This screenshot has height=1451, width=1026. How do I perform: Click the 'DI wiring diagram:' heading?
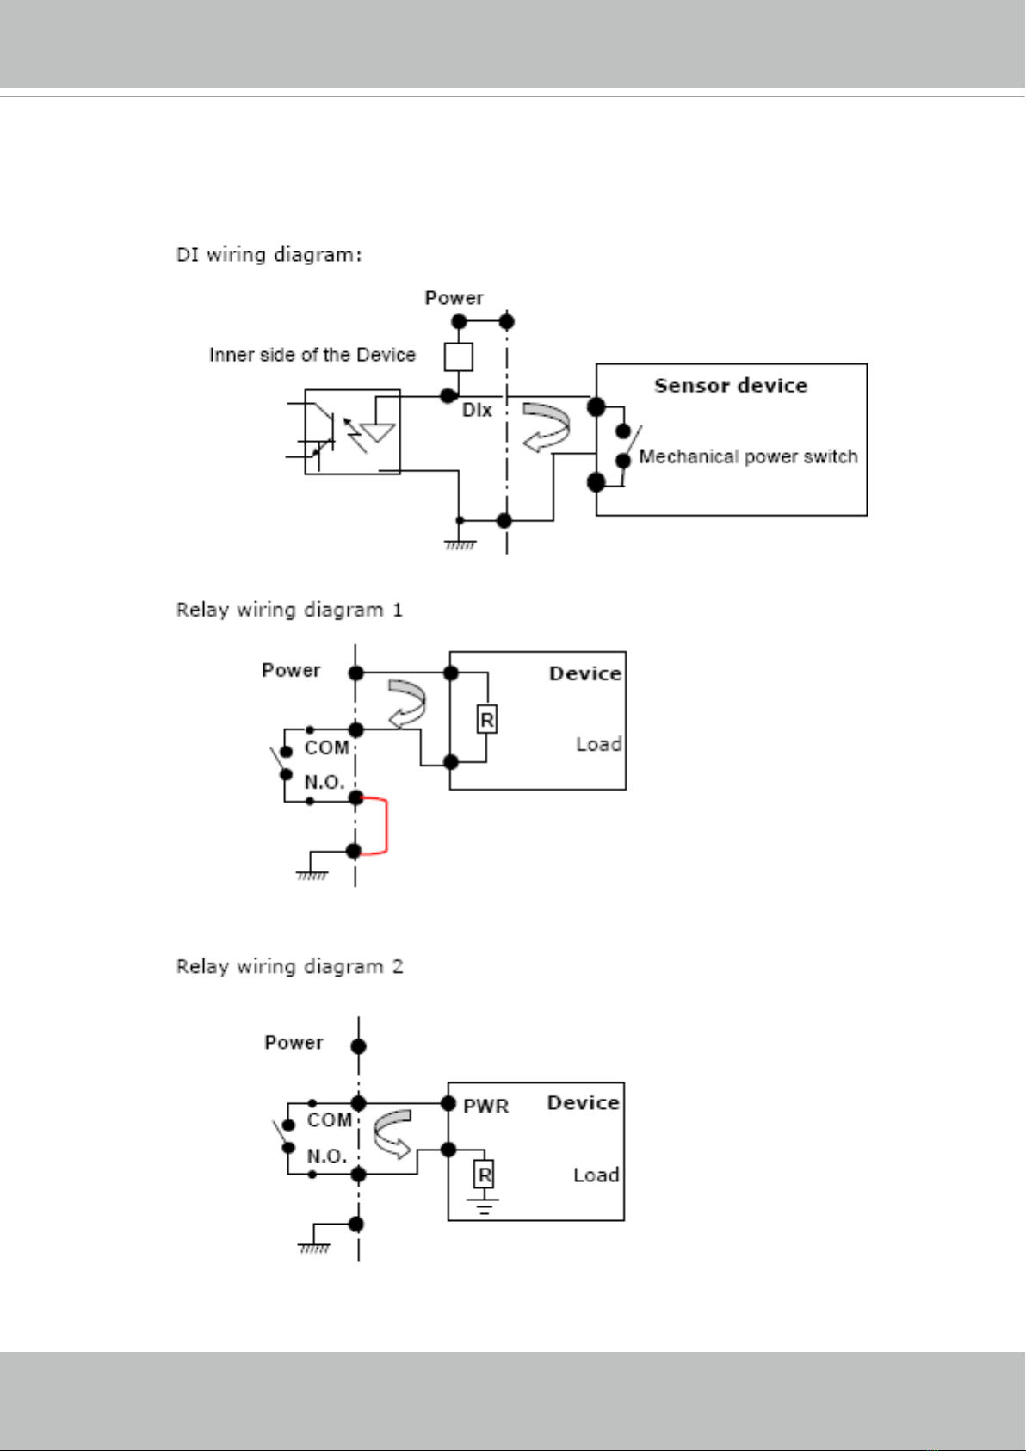click(269, 255)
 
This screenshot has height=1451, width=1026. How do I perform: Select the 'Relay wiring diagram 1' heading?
click(289, 611)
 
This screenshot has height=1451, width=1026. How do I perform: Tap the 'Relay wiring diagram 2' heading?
click(289, 966)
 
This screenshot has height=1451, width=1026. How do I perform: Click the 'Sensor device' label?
click(731, 386)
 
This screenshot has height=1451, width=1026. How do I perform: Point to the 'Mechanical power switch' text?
click(748, 456)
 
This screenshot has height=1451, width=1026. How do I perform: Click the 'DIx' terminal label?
click(477, 410)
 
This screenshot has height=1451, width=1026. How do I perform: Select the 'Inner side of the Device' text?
click(312, 355)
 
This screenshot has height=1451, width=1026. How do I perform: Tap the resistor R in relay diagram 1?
click(487, 719)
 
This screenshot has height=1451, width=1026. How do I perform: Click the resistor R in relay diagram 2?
click(485, 1174)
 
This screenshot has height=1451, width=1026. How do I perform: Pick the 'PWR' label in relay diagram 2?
click(486, 1107)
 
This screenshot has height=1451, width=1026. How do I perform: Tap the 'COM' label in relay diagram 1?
click(327, 748)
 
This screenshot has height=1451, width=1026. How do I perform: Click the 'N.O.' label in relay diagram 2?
click(327, 1156)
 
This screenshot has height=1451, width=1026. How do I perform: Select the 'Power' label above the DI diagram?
click(454, 298)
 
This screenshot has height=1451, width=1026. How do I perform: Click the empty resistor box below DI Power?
click(458, 357)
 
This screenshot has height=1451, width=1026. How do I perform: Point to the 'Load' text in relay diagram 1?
click(599, 744)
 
